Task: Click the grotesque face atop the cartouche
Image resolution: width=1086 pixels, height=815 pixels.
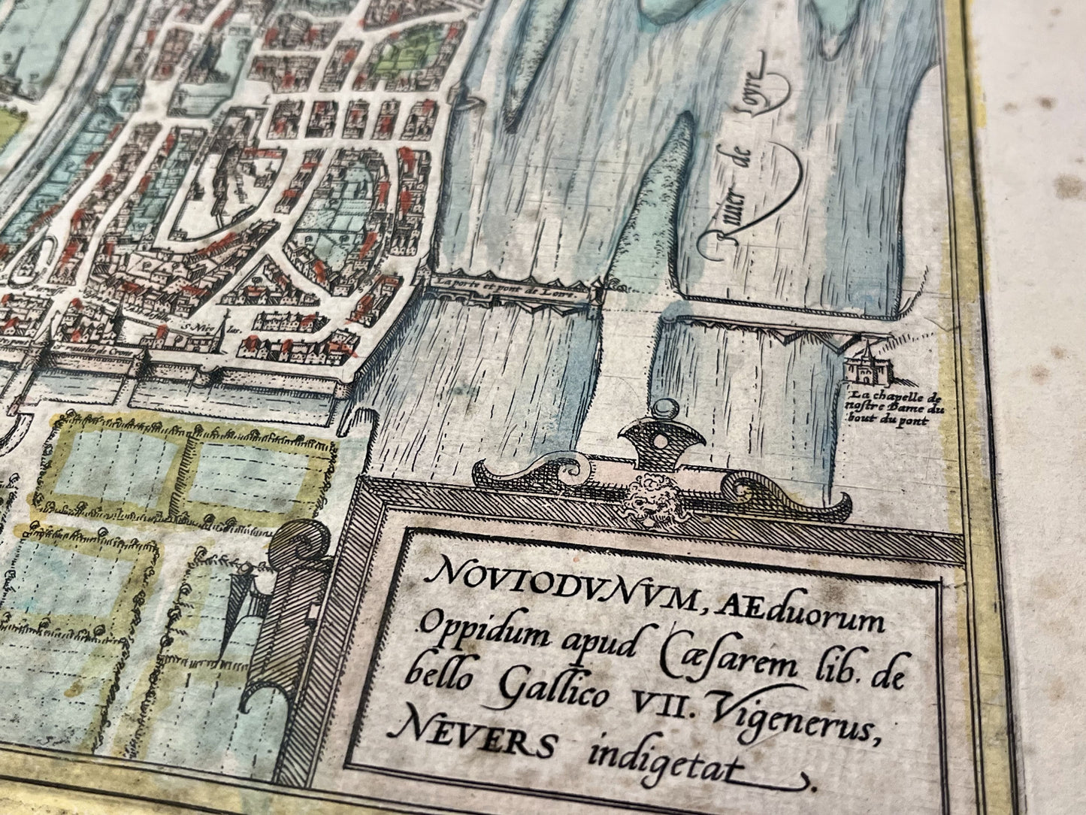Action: click(x=649, y=497)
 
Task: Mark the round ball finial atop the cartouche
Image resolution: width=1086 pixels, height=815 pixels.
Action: click(x=663, y=410)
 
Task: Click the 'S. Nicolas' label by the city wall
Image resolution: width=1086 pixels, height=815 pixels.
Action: click(x=197, y=329)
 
